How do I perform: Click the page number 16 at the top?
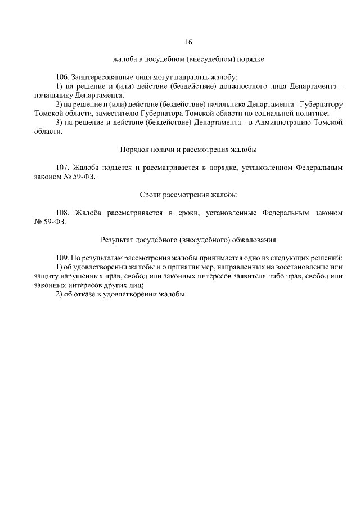188,42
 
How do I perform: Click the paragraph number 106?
63,76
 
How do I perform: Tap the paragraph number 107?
63,168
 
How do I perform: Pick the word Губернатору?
318,104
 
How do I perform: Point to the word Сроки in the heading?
149,195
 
